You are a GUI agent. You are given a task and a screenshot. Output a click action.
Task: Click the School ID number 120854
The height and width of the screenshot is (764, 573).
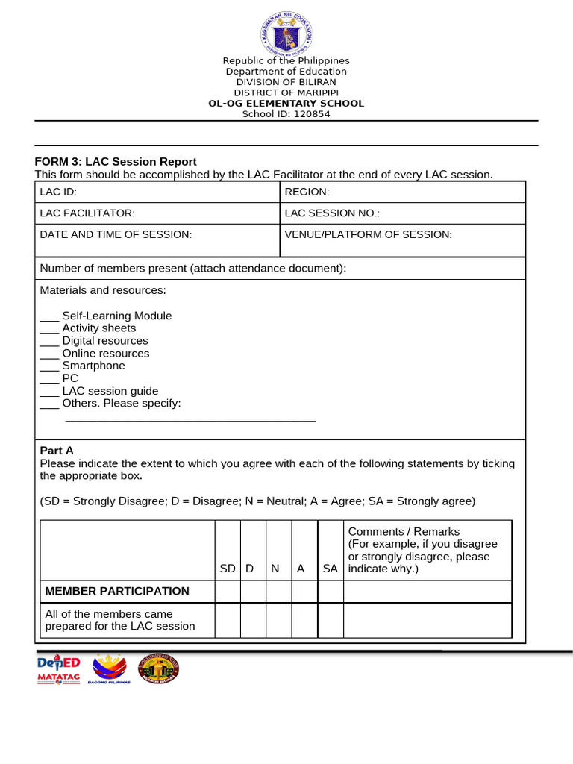point(313,114)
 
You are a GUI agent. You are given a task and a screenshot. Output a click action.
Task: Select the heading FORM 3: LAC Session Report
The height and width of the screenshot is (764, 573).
point(116,161)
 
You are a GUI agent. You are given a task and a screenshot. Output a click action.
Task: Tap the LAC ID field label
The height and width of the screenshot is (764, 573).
point(54,192)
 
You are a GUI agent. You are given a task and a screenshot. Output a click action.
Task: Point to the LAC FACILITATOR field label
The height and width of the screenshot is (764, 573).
point(87,213)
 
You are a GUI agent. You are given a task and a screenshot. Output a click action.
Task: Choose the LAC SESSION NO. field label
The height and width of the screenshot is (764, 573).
point(332,213)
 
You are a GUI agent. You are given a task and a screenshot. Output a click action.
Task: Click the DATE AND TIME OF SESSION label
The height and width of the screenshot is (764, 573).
point(116,234)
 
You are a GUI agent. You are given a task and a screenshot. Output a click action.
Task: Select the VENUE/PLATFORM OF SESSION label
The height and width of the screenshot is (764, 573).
point(368,234)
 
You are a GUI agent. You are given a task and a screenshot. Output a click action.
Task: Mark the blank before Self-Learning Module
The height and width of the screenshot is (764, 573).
point(49,316)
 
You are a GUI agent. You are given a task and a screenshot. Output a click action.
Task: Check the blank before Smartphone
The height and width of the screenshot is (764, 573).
point(49,366)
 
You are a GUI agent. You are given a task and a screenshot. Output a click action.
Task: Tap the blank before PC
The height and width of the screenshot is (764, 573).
point(49,379)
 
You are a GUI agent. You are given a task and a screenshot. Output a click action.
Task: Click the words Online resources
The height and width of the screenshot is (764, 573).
point(105,354)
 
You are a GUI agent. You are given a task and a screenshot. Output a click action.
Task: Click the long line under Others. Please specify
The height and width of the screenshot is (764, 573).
point(190,421)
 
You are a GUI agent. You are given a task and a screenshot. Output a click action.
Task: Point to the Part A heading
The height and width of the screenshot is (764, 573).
point(57,451)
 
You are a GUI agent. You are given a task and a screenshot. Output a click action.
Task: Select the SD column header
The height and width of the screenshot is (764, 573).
point(228,569)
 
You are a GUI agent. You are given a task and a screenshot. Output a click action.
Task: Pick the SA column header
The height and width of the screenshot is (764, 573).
point(330,569)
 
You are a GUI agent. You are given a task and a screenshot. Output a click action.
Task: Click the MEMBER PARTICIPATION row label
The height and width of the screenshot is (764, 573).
point(117,591)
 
